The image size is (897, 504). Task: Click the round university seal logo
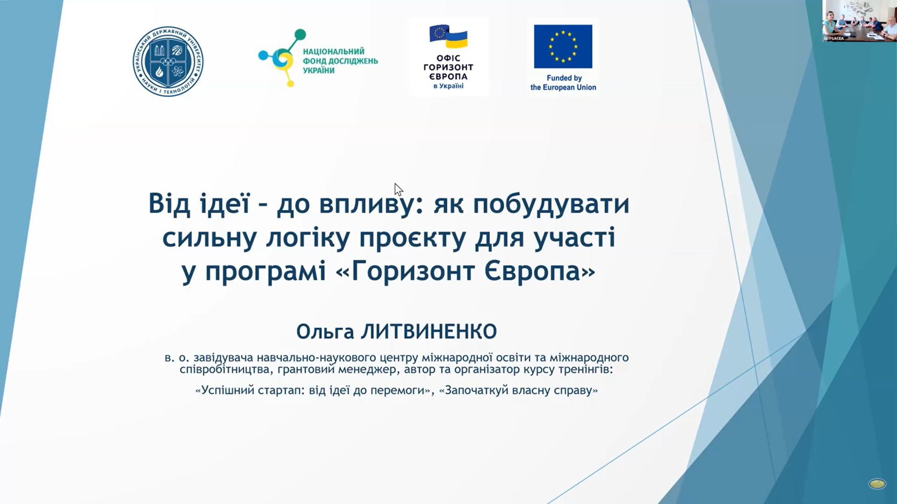[168, 61]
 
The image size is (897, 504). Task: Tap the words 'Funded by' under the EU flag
[564, 78]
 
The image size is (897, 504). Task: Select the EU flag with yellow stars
[563, 46]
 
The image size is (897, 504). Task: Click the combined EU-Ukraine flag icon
[448, 36]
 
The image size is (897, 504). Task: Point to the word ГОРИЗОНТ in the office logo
[448, 67]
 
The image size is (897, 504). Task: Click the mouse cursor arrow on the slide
[398, 190]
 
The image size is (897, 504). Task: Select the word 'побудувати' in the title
[551, 205]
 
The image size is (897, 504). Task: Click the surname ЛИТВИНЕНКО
[429, 332]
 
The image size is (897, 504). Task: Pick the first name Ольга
[325, 332]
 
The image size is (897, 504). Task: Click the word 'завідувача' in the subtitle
[222, 358]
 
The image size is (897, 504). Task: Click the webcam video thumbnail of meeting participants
[860, 21]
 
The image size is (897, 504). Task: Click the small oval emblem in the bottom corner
[877, 484]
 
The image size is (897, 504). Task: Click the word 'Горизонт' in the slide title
[413, 271]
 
